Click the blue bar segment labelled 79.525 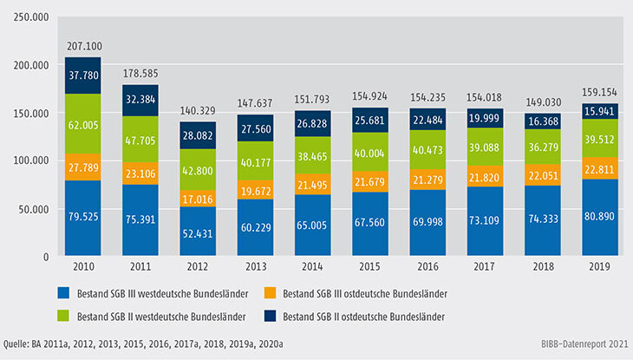82,219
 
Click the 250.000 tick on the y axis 30,16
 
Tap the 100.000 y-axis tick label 30,160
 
